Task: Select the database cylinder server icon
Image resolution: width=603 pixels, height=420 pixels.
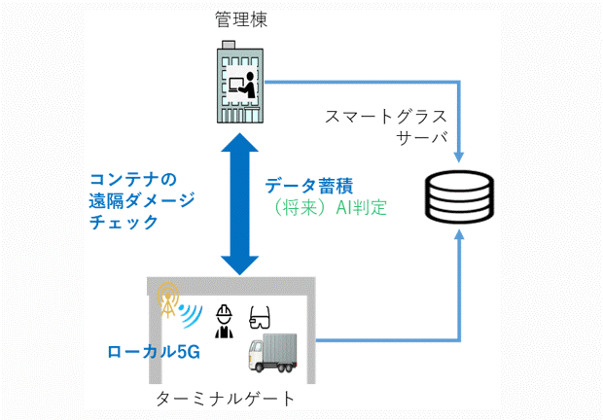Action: click(x=459, y=194)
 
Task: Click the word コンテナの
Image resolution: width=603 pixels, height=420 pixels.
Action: click(x=131, y=179)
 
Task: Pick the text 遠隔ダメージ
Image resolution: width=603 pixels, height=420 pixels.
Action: click(x=142, y=200)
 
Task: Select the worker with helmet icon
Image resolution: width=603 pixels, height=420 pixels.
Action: click(x=224, y=320)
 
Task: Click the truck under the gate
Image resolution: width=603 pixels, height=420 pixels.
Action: click(x=281, y=356)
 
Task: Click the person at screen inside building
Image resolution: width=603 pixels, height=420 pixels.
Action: click(x=246, y=87)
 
